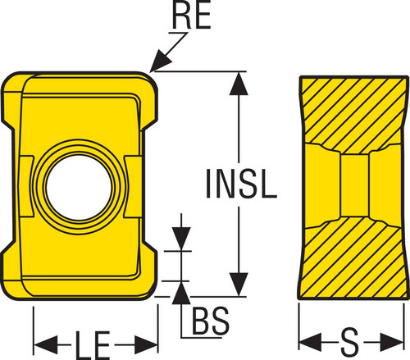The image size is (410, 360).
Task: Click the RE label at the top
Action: click(x=192, y=16)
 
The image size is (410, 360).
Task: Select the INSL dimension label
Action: click(x=241, y=183)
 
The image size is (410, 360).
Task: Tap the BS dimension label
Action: click(x=211, y=321)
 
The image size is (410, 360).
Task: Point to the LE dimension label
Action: click(x=93, y=345)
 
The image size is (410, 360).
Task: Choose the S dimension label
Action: click(x=350, y=342)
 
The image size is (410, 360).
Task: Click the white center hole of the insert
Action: click(x=79, y=188)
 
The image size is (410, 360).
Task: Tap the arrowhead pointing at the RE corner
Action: click(x=161, y=62)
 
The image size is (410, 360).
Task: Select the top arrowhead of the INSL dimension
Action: click(x=239, y=84)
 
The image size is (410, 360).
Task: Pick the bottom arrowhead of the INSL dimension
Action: click(x=239, y=285)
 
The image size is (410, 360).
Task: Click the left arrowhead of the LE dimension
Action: click(x=45, y=345)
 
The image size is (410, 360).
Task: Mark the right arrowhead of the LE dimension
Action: click(x=146, y=345)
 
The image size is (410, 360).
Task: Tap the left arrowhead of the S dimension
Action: click(x=310, y=342)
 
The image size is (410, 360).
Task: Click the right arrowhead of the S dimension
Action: click(x=392, y=342)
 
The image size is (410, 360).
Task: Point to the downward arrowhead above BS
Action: click(x=181, y=238)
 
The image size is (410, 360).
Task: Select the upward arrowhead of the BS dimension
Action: click(x=181, y=293)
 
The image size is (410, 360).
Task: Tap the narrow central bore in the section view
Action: click(x=355, y=186)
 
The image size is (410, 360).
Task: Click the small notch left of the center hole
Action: click(x=27, y=187)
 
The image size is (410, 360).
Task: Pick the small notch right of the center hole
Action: click(x=133, y=187)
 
